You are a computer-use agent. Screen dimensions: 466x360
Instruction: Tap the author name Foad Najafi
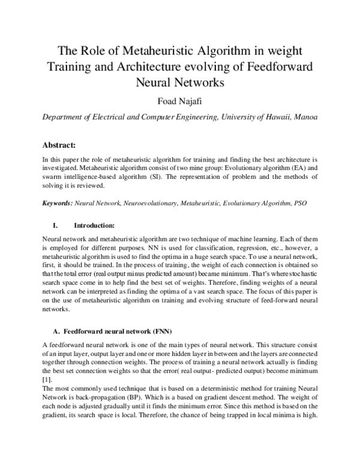click(179, 99)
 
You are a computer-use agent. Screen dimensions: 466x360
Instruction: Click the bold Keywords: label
click(58, 204)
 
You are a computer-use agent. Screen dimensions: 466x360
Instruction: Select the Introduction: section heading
click(94, 226)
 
